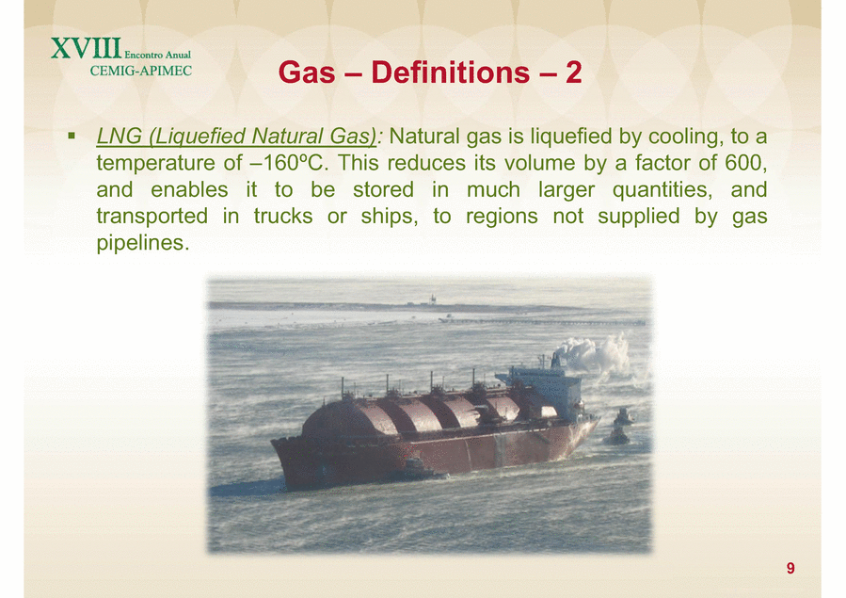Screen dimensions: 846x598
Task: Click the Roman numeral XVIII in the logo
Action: click(x=87, y=48)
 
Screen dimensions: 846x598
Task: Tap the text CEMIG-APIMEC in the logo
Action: click(x=141, y=71)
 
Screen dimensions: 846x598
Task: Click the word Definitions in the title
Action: click(x=451, y=72)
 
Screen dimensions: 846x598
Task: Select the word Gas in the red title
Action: click(x=307, y=72)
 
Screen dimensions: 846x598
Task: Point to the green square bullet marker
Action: click(x=72, y=136)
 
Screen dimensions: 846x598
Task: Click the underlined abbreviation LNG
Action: click(x=119, y=136)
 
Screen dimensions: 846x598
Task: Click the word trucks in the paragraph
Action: click(x=283, y=216)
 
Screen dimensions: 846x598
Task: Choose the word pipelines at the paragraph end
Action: click(x=143, y=243)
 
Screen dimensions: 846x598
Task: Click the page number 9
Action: click(x=790, y=568)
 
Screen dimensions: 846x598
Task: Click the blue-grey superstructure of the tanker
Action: click(x=545, y=390)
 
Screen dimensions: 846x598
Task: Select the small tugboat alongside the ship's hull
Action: click(x=619, y=429)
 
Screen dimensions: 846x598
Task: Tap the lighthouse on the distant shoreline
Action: click(x=432, y=299)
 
